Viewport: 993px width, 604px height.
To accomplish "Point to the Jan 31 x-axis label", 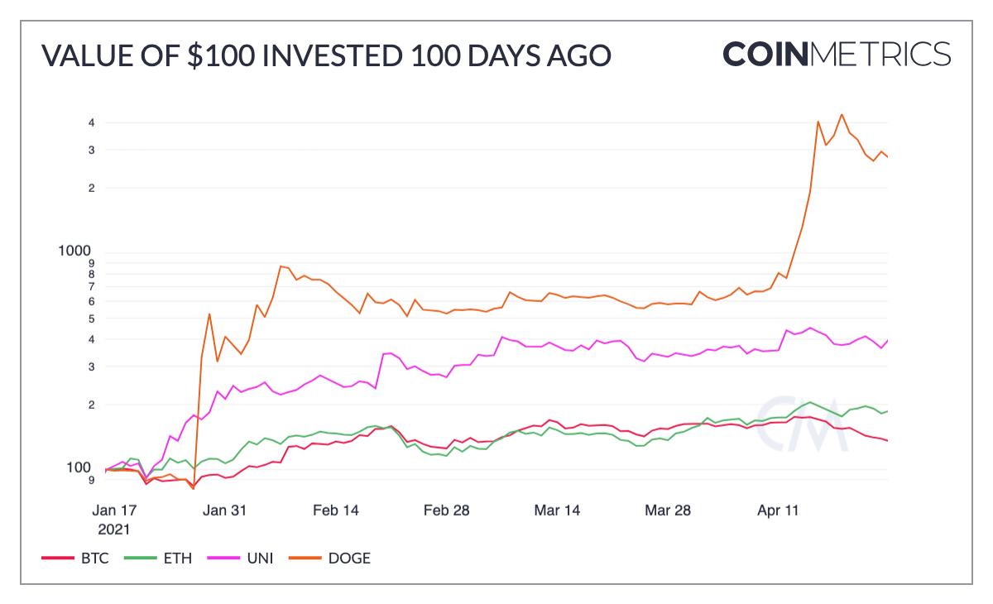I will pos(226,511).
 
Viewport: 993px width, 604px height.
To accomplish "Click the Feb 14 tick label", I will pos(337,511).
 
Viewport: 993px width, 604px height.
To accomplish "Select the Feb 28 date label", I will pos(447,511).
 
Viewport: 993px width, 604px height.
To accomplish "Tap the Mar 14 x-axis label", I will pos(558,511).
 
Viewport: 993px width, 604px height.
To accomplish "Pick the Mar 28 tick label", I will pos(668,511).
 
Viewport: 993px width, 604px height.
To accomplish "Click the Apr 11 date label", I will pos(779,511).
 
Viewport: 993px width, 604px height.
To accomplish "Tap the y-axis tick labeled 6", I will pos(92,301).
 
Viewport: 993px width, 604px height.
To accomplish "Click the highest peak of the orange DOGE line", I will pos(842,115).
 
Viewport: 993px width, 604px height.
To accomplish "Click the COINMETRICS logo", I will pos(837,54).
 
